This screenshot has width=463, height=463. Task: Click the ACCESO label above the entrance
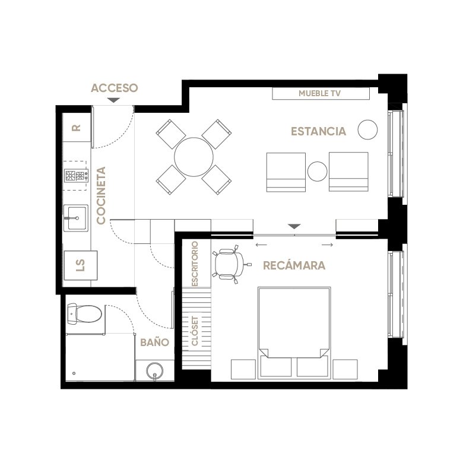115,88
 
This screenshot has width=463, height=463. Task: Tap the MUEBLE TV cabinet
321,94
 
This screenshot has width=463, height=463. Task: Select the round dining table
194,157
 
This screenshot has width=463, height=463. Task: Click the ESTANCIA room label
318,131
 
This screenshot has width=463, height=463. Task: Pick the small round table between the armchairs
318,172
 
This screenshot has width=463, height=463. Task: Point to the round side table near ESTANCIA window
367,129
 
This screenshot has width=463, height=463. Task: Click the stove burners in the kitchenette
76,176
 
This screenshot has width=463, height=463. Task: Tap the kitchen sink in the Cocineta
76,218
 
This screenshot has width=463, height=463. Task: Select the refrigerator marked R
77,128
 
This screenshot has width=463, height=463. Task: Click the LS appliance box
81,265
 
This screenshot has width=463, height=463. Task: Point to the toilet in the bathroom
84,313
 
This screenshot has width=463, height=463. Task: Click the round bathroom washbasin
155,371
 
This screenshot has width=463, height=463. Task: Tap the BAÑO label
154,343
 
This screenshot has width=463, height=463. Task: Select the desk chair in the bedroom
231,264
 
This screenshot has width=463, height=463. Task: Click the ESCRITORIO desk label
195,264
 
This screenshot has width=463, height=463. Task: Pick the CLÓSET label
195,331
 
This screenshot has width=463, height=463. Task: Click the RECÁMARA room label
294,265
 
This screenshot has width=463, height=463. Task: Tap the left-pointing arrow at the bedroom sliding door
261,245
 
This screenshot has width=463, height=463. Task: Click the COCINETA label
102,195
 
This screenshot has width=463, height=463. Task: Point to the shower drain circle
74,373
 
